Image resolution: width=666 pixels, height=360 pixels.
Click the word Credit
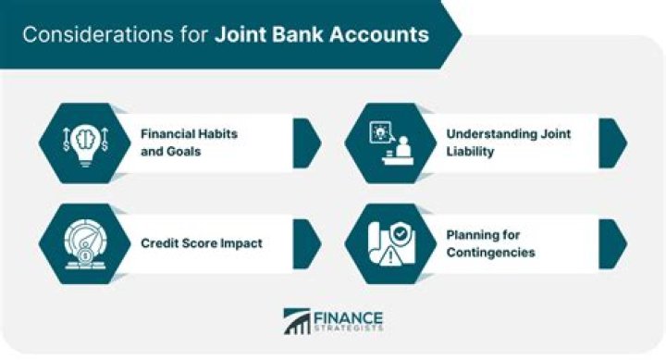click(x=161, y=243)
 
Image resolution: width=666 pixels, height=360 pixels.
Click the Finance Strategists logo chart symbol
click(x=297, y=321)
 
